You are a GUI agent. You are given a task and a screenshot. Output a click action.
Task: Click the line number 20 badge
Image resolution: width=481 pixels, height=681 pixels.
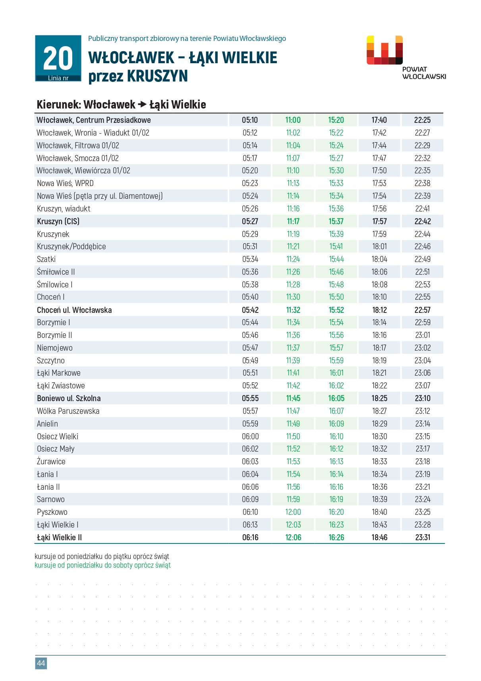coord(58,58)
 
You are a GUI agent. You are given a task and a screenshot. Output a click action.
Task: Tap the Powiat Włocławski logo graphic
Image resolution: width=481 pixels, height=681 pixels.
coord(384,50)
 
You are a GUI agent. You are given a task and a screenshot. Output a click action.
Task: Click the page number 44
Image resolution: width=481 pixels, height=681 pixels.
coord(41,663)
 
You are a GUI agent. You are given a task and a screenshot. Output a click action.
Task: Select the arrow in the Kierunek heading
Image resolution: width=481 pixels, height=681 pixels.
coord(142,105)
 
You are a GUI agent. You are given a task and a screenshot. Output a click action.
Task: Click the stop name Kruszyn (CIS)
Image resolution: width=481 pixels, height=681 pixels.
coord(58,221)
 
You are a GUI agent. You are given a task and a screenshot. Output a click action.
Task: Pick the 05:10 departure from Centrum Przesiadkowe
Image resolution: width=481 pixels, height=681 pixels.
coord(250,120)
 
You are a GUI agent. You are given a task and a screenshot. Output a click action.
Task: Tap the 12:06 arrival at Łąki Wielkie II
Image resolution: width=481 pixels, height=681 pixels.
coord(293,537)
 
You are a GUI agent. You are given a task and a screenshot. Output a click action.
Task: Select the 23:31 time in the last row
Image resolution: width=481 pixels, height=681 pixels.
coord(423,537)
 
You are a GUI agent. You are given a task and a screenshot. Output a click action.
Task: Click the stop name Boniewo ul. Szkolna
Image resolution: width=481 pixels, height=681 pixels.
coord(69,398)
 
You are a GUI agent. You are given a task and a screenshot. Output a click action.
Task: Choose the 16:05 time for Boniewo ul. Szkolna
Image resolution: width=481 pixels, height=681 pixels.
coord(336,398)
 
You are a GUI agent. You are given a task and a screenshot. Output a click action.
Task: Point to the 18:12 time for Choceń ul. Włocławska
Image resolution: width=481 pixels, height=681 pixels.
coord(379,310)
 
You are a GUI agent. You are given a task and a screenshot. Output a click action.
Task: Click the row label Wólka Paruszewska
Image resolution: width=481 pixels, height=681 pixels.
coord(68,411)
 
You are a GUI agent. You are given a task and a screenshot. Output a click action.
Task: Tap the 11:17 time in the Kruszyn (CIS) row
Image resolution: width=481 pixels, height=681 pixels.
coord(293,221)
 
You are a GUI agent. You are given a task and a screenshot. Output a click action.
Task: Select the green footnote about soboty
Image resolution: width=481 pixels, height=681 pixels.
coord(102,565)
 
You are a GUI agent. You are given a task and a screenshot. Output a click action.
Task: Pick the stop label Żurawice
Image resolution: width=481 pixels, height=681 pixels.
coord(51,462)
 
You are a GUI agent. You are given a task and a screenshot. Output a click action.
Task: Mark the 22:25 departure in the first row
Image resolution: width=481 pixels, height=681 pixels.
coord(422,120)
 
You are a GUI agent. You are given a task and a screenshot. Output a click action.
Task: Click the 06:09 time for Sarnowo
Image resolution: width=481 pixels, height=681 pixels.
coord(250,499)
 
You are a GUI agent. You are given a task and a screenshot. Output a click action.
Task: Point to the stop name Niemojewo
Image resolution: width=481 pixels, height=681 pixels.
coord(55,348)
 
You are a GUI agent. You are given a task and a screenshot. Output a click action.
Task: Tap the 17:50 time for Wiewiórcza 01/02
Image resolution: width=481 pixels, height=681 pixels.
coord(379,171)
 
